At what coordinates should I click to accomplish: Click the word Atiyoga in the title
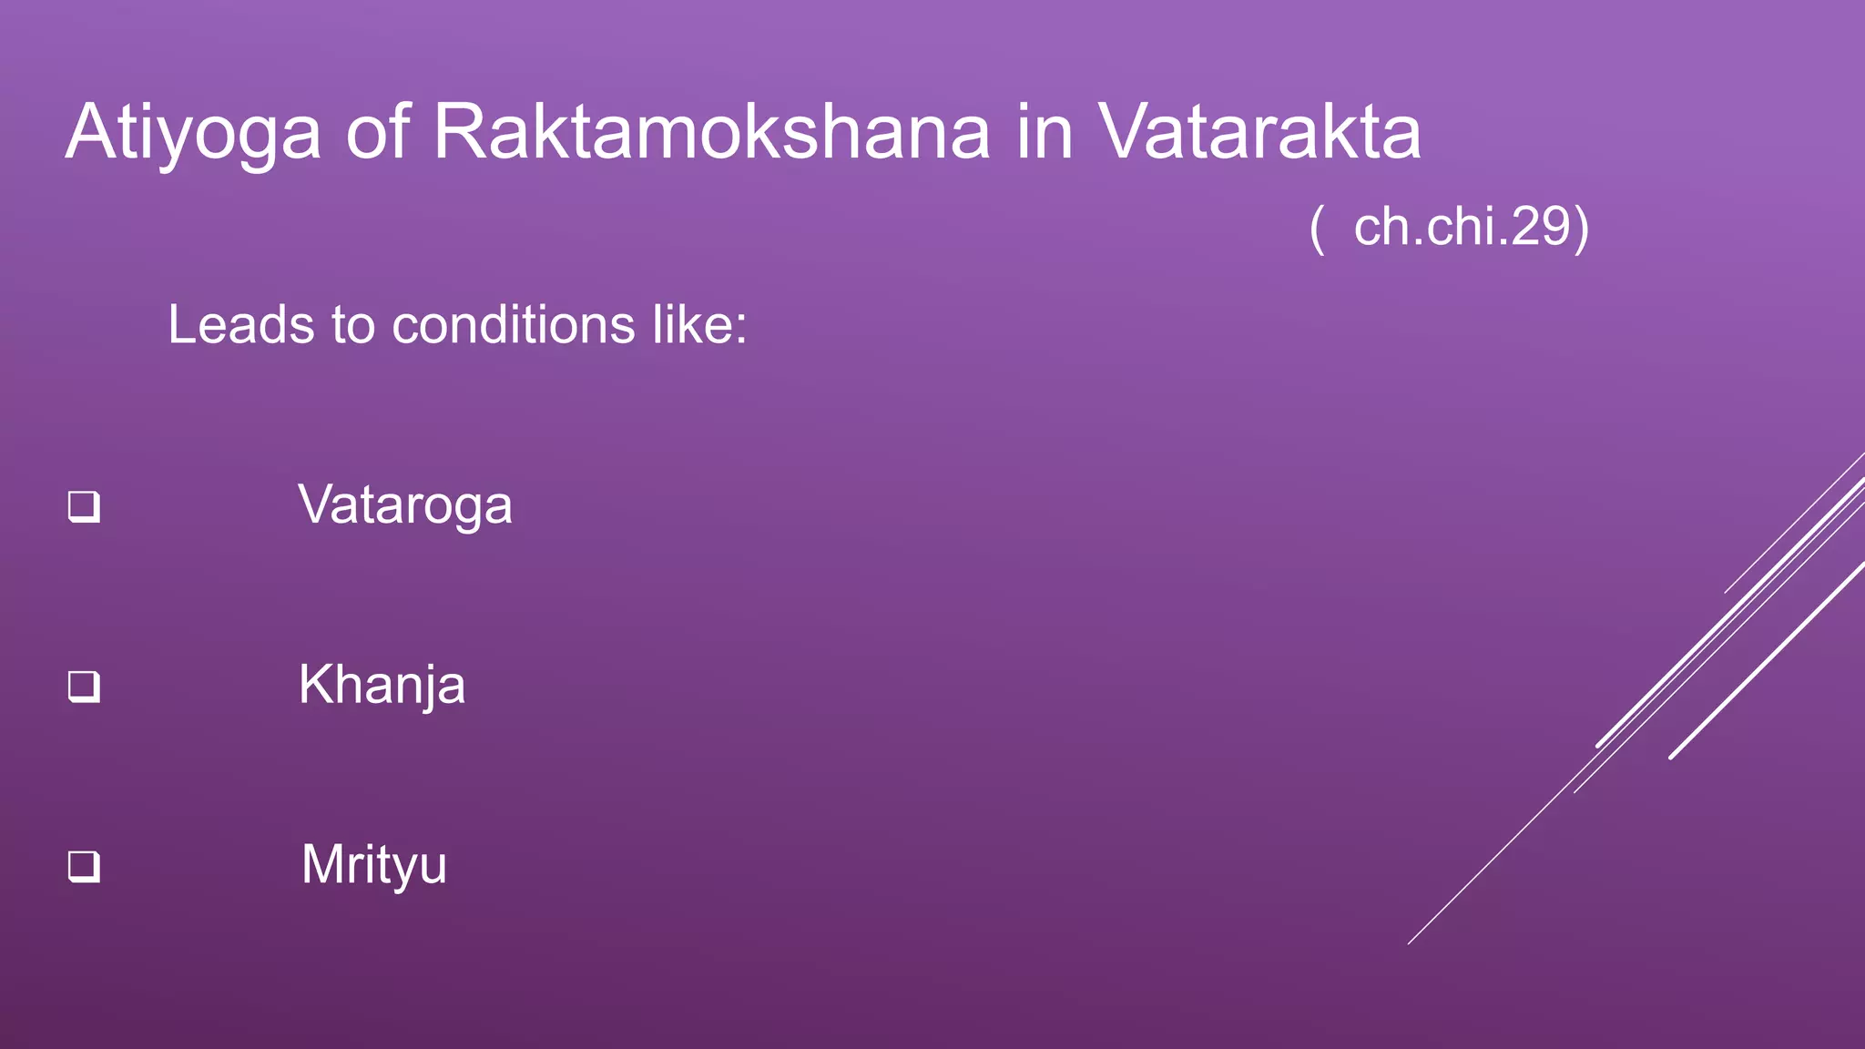coord(193,133)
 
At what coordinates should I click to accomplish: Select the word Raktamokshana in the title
coord(711,133)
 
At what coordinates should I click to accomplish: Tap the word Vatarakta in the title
coord(1259,133)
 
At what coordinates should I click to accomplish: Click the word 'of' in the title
coord(376,133)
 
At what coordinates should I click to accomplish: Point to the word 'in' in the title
coord(1044,133)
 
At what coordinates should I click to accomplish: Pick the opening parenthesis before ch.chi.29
coord(1316,229)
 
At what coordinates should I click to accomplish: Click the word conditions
coord(513,325)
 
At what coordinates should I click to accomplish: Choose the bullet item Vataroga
coord(405,505)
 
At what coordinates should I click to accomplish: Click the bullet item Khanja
coord(382,685)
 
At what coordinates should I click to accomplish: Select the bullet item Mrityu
coord(373,864)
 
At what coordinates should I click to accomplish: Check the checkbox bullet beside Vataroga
coord(84,507)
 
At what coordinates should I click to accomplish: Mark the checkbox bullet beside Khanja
coord(84,687)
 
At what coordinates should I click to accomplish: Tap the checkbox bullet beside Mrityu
coord(84,866)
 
